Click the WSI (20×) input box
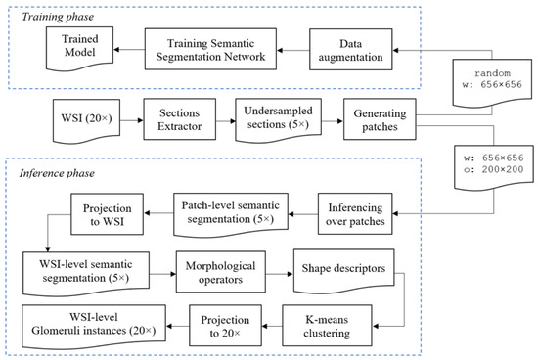coord(67,124)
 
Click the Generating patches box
coord(376,124)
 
